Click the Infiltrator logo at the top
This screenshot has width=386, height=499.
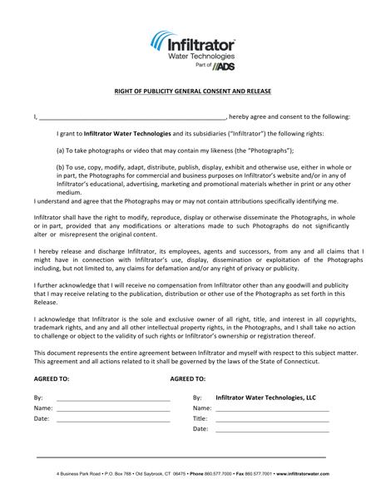(x=192, y=46)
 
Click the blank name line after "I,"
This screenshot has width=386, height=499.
(x=132, y=117)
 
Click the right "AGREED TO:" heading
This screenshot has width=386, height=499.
(x=187, y=378)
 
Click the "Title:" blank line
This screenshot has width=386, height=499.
(x=272, y=419)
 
